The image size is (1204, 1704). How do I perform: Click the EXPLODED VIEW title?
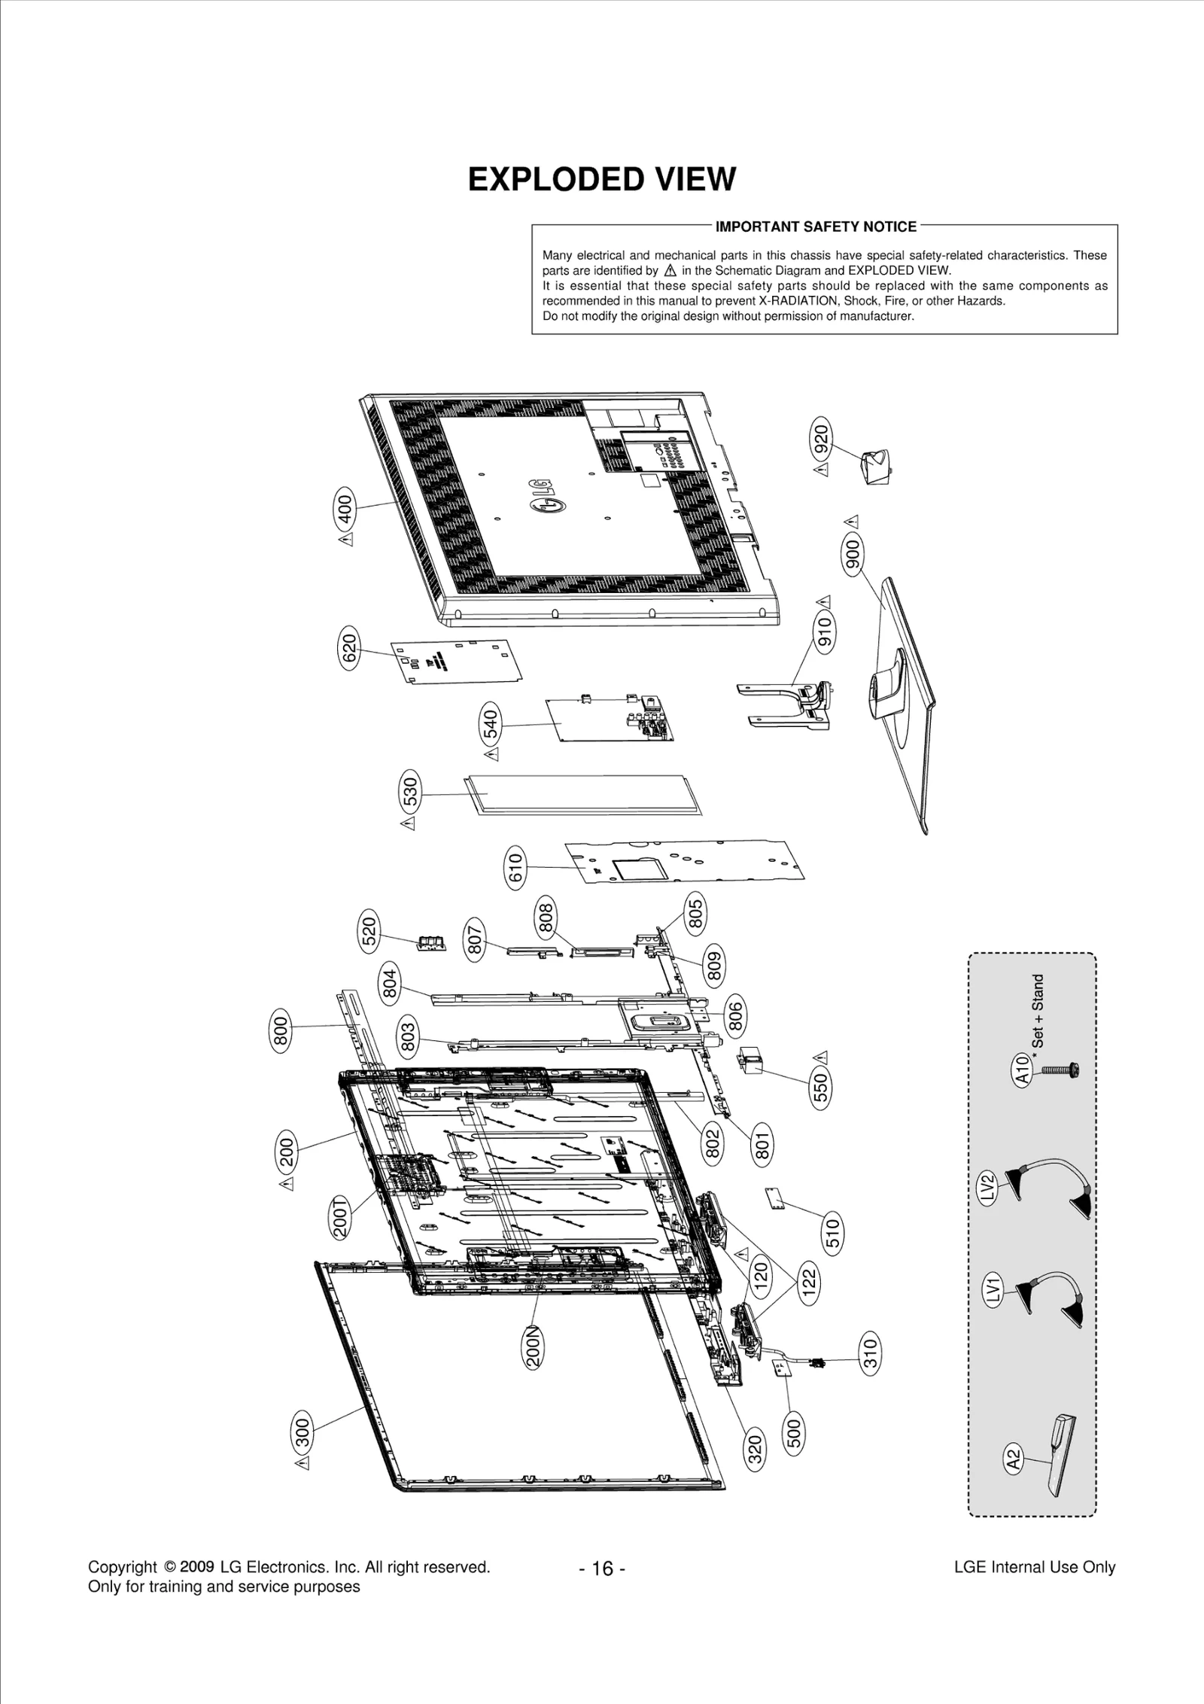click(601, 180)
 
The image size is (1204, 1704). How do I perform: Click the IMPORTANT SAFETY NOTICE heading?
click(816, 227)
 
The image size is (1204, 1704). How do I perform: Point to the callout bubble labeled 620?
click(349, 648)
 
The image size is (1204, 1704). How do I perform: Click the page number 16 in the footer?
click(602, 1569)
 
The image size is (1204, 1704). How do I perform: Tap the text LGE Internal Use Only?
click(1034, 1567)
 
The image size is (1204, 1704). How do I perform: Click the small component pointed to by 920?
click(876, 467)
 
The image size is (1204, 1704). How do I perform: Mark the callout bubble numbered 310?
click(869, 1354)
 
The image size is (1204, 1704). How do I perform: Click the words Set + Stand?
click(1038, 1011)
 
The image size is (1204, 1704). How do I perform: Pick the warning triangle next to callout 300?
click(303, 1463)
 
